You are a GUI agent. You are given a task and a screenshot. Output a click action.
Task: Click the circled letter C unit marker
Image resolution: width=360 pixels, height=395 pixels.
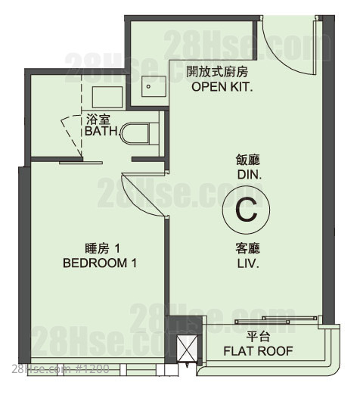(x=246, y=210)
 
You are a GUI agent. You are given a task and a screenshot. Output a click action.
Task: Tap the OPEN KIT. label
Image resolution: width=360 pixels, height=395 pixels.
(x=222, y=87)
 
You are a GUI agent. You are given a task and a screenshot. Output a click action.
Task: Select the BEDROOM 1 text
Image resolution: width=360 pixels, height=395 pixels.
(x=100, y=263)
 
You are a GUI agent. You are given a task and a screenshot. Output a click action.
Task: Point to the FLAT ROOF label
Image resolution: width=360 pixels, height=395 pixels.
(x=259, y=351)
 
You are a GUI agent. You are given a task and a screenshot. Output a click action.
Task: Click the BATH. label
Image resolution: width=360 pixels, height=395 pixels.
(x=102, y=131)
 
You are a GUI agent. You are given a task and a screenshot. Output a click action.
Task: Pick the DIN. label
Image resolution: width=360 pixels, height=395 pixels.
(x=250, y=175)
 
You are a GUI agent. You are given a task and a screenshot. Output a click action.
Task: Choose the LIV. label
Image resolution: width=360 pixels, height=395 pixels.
(x=248, y=263)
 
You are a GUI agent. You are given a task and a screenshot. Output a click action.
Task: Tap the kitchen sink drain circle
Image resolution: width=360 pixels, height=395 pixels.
(x=148, y=86)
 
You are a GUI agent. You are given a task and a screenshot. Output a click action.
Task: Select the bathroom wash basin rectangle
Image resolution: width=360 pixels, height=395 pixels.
(x=107, y=98)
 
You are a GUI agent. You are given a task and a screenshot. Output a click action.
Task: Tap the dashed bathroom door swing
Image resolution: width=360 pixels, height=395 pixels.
(x=73, y=134)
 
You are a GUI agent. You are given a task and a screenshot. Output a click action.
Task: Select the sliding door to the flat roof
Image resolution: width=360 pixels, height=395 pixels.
(x=277, y=320)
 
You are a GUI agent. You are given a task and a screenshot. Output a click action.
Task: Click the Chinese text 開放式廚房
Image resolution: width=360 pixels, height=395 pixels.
(x=217, y=71)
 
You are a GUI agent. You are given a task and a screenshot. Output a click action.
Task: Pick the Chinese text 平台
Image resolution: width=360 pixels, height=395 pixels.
(x=259, y=337)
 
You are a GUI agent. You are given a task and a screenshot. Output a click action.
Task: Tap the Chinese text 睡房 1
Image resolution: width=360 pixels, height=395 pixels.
(x=103, y=249)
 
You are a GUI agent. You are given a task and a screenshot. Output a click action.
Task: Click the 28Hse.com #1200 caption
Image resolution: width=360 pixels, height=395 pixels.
(x=61, y=369)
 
